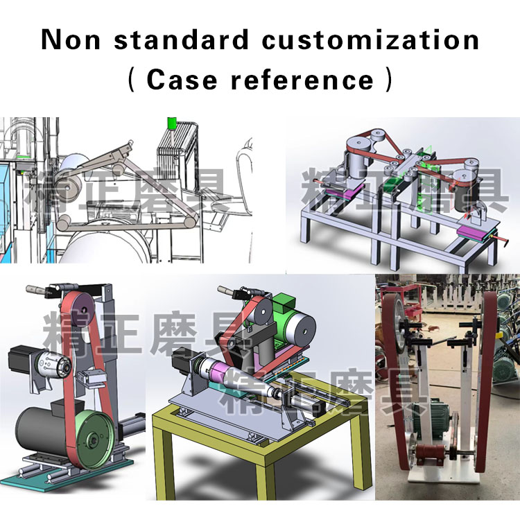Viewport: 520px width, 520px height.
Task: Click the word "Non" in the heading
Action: (71, 40)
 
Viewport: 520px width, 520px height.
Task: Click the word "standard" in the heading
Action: (181, 40)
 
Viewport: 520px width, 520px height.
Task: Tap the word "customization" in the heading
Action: (370, 40)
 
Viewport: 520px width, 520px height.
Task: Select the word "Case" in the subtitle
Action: (182, 80)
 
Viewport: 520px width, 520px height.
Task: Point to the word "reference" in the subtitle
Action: (302, 80)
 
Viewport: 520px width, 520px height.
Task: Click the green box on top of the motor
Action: (284, 304)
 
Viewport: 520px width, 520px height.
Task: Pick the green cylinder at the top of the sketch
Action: (171, 123)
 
